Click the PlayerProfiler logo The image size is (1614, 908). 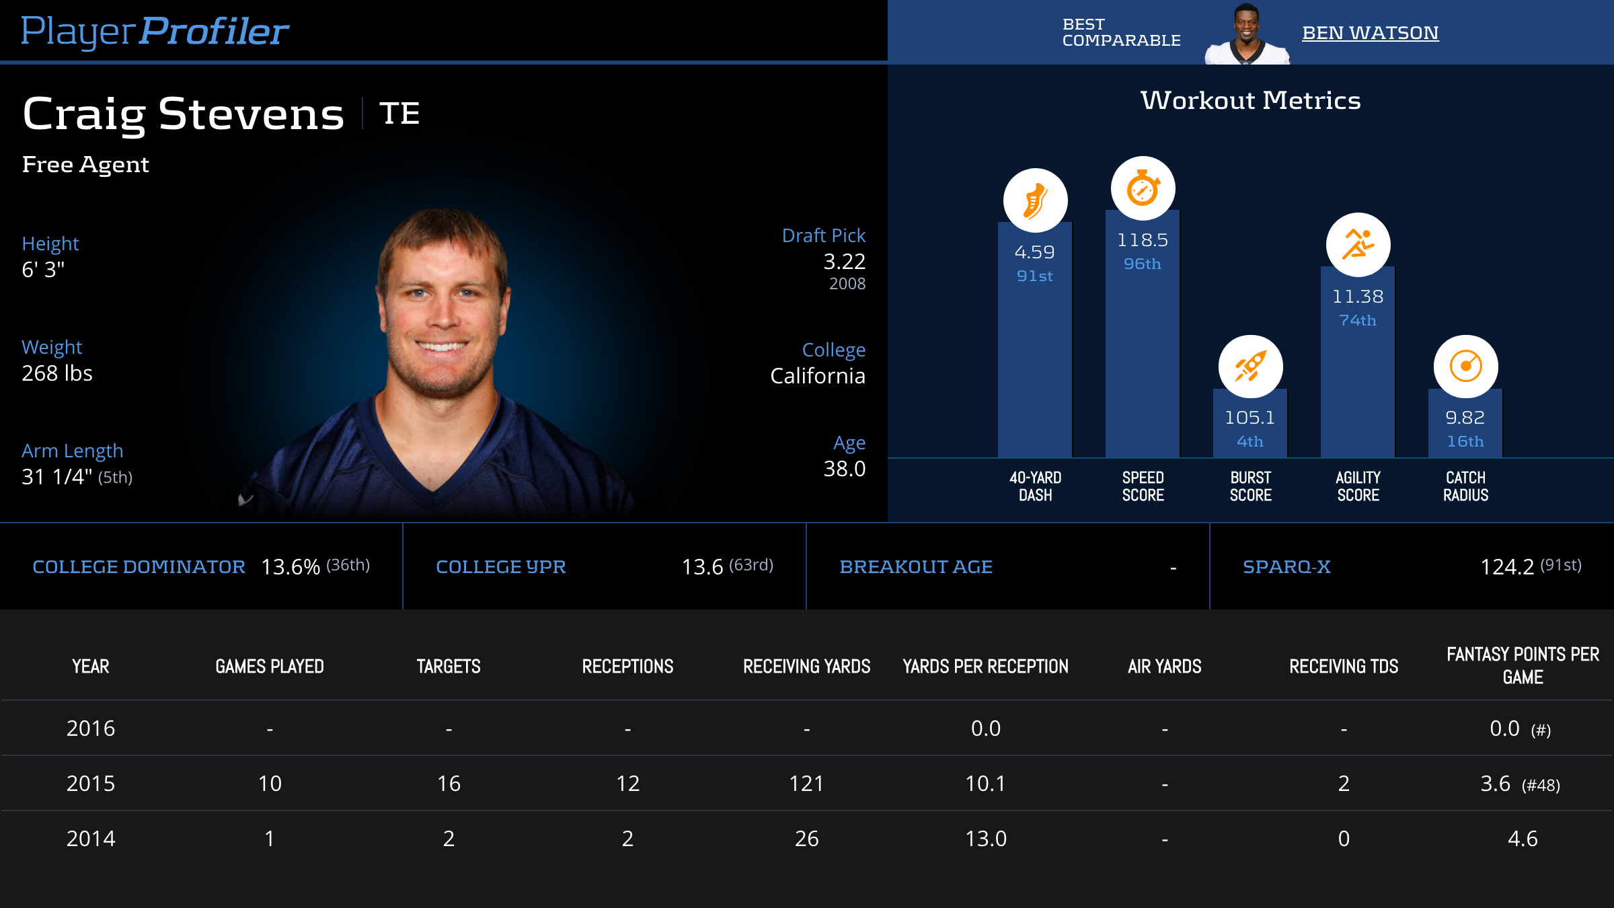[155, 32]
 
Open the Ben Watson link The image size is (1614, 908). [1370, 32]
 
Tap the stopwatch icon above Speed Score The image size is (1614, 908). [1143, 188]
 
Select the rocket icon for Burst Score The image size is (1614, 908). [1250, 367]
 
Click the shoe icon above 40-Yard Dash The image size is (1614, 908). [1035, 200]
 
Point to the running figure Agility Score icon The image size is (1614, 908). [1358, 245]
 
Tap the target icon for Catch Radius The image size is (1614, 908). [1465, 367]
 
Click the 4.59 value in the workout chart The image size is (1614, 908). [1034, 252]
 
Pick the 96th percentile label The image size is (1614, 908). [1142, 264]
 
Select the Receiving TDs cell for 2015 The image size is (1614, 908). [1344, 784]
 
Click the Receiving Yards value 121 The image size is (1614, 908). [806, 784]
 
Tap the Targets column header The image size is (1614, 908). [449, 667]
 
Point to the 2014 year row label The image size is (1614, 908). [91, 839]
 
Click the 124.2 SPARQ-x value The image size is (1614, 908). [1506, 567]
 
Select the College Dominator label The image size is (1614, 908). [139, 567]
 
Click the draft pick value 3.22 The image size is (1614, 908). [844, 261]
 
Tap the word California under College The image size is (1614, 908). [817, 375]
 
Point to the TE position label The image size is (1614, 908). [399, 113]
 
